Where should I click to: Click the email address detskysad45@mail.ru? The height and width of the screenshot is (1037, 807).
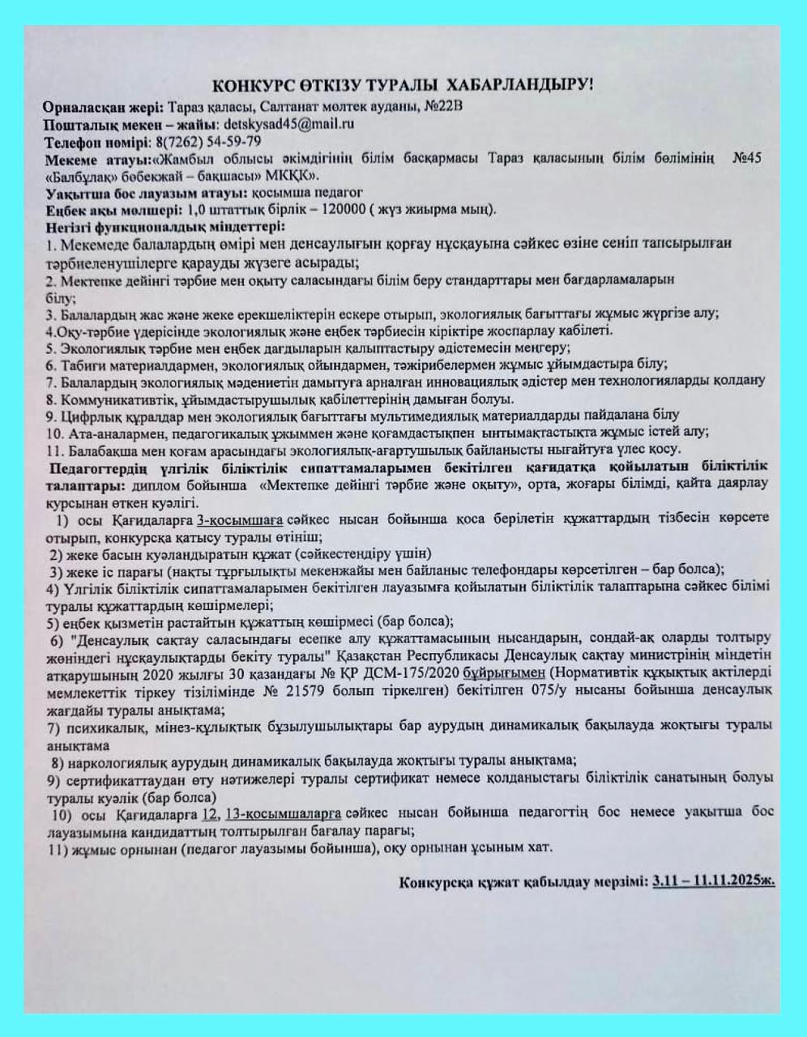[x=288, y=125]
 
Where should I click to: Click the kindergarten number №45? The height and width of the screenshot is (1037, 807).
[x=745, y=158]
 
